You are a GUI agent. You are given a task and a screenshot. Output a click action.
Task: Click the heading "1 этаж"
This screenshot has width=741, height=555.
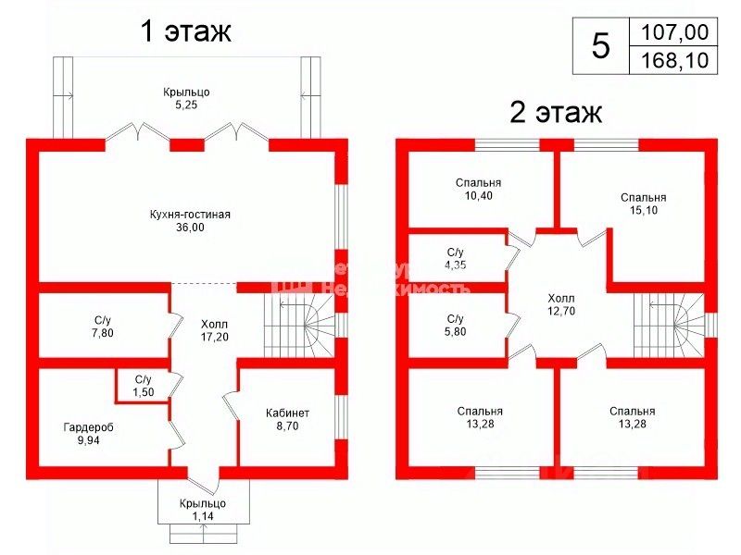click(184, 31)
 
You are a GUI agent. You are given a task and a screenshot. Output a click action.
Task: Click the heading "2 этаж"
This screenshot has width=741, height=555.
click(556, 113)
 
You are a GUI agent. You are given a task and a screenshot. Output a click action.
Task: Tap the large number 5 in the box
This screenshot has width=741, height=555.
click(601, 46)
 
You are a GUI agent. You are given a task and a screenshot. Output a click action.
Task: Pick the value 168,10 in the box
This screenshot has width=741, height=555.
click(673, 60)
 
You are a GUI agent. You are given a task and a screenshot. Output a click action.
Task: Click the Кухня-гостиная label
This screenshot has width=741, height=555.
click(189, 220)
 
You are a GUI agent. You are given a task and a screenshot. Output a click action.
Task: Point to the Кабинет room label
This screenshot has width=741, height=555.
click(288, 419)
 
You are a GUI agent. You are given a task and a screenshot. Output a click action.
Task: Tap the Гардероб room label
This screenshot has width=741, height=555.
click(89, 434)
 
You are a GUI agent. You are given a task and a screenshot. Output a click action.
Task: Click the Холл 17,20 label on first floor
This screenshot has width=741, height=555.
click(214, 330)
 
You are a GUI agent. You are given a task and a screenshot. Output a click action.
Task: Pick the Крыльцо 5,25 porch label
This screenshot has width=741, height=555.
click(186, 99)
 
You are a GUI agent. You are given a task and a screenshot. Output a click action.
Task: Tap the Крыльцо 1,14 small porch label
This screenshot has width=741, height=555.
click(203, 510)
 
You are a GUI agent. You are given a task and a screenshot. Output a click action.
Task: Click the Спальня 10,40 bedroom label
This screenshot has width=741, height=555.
click(479, 190)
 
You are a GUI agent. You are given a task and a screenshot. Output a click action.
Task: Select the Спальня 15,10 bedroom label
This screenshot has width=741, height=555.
click(643, 203)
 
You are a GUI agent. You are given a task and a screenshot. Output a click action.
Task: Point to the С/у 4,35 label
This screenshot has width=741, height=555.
click(456, 259)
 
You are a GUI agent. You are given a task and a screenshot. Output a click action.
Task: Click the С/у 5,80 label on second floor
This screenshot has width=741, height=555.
click(456, 326)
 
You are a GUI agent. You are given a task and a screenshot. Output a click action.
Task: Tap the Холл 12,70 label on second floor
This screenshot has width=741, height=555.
click(560, 304)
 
